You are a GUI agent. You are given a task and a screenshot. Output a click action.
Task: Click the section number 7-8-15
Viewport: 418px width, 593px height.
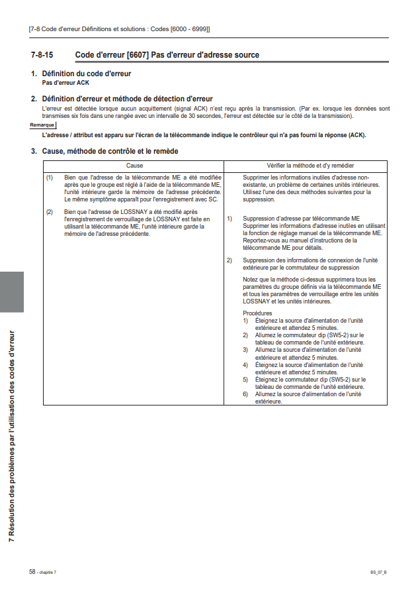pos(42,55)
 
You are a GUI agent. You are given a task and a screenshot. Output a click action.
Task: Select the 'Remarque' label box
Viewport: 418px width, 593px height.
pos(42,125)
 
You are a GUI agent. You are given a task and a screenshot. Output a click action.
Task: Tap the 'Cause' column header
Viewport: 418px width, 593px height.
pos(134,166)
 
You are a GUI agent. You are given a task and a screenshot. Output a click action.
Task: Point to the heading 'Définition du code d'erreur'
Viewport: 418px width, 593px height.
pos(86,74)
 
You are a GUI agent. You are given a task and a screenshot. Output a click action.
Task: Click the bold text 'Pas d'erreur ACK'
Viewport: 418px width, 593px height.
pos(65,83)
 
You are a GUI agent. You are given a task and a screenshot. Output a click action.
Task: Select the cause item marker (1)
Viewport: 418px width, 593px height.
pos(50,178)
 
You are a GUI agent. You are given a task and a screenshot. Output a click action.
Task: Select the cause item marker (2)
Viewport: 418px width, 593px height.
pos(50,211)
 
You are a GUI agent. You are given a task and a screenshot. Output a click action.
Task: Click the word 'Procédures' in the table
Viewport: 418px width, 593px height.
pos(257,313)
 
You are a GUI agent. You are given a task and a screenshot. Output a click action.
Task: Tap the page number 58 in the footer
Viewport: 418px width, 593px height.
pos(32,571)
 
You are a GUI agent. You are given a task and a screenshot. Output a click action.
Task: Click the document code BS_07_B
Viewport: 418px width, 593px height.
pos(379,572)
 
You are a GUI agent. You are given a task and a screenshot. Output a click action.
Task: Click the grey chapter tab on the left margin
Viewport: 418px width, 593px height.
pos(13,292)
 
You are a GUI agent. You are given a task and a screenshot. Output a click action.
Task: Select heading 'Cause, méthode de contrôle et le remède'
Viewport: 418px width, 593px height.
pos(110,152)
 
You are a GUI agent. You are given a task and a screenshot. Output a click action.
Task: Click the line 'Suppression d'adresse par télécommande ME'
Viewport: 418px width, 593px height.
pos(301,218)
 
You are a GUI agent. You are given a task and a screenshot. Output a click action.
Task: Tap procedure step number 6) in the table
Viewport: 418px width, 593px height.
pos(245,394)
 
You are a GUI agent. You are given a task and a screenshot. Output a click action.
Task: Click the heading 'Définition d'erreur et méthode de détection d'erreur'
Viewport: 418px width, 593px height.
pos(127,99)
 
